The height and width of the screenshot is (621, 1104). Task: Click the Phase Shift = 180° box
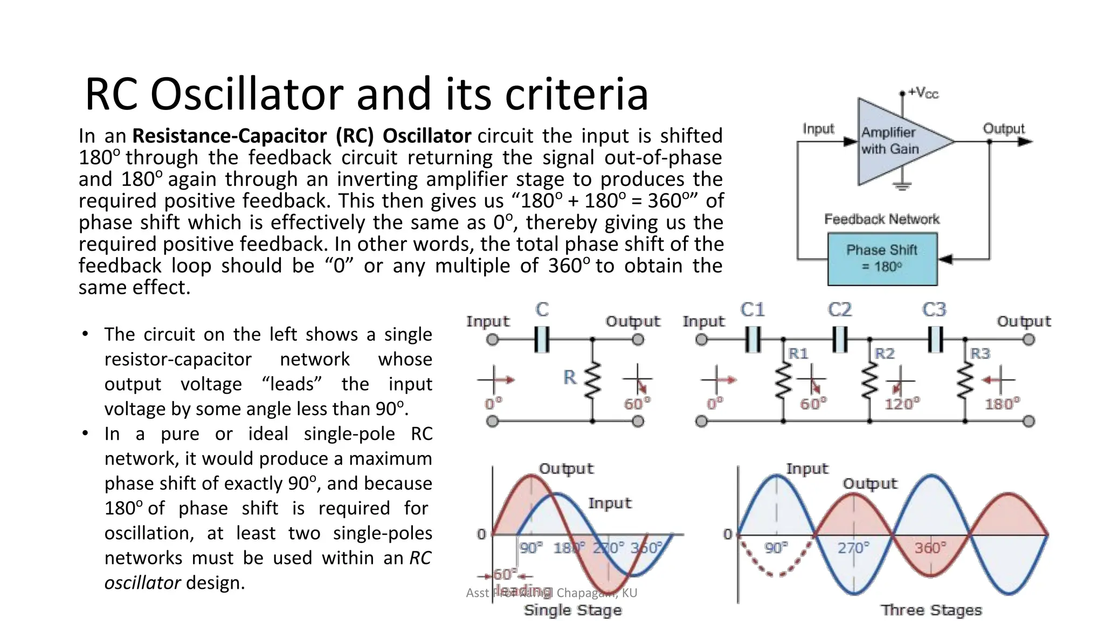[882, 259]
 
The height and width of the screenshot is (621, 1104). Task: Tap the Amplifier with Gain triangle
[895, 141]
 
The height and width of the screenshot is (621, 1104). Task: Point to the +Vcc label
[923, 93]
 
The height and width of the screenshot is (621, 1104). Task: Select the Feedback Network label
[882, 219]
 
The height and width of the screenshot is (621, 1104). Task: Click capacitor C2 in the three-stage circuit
[839, 340]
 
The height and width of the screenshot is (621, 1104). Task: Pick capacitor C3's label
[934, 309]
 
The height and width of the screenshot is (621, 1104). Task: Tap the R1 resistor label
[798, 354]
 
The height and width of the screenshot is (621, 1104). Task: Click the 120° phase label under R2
[902, 404]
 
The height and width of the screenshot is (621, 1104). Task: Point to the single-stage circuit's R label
[570, 377]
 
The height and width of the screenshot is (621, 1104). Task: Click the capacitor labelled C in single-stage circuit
[542, 340]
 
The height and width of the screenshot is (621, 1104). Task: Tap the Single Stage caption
[572, 610]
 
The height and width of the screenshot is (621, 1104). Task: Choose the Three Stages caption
[931, 610]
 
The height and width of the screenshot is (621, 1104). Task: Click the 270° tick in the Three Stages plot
[853, 548]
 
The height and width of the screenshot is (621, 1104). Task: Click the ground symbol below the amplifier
[902, 187]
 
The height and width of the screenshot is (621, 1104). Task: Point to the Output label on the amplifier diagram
[1003, 128]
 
